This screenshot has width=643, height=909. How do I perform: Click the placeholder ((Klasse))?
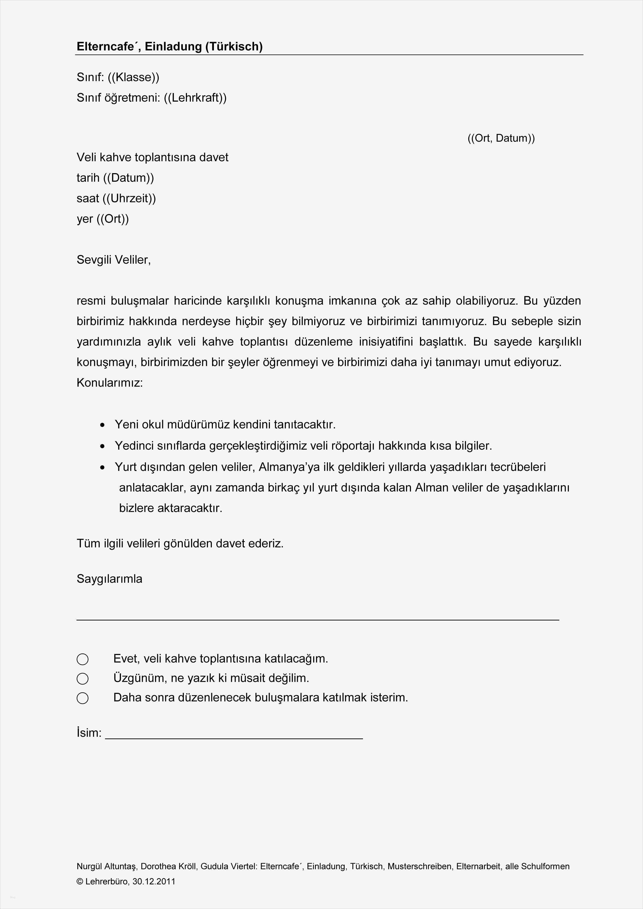pos(134,77)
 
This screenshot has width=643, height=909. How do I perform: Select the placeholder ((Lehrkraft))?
pos(195,98)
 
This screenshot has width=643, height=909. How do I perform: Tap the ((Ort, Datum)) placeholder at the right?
pos(501,138)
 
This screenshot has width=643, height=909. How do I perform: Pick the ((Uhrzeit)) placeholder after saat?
pos(129,198)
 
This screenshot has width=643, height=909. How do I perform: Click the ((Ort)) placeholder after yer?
pos(113,219)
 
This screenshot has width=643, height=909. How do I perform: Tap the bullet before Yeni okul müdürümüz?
pos(103,425)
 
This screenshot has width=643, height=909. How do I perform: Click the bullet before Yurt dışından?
pos(103,468)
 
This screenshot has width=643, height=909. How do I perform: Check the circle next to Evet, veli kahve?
pos(82,659)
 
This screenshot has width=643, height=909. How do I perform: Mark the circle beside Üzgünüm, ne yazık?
pos(82,679)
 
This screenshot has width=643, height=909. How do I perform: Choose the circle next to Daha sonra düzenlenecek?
pos(82,698)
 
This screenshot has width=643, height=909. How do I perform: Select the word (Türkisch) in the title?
pos(234,47)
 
